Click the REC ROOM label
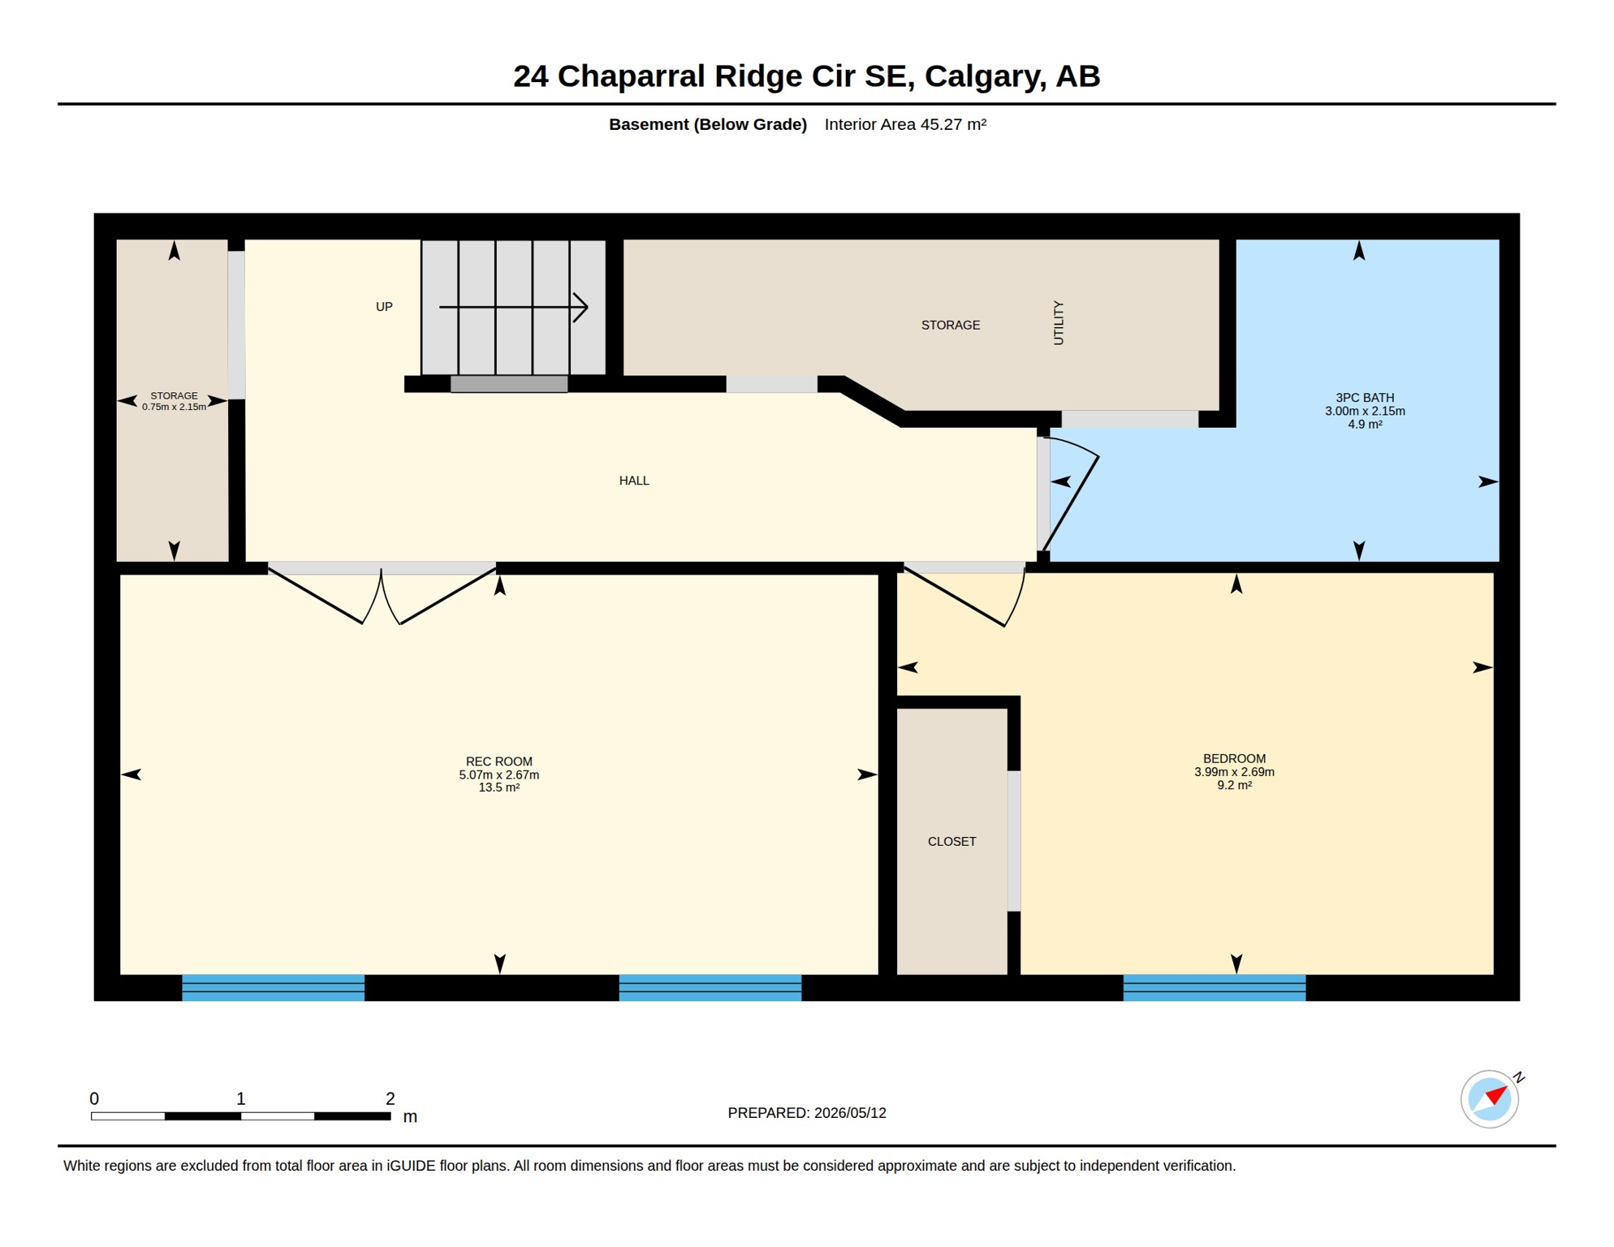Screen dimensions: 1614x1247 point(498,762)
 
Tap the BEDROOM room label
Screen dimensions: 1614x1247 point(1234,758)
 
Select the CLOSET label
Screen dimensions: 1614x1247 point(952,841)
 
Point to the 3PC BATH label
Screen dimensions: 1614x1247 point(1365,398)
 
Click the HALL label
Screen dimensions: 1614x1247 point(634,481)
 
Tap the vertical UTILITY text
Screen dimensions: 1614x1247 point(1058,323)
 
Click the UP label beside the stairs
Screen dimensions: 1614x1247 point(384,307)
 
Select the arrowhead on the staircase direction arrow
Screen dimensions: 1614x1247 point(580,308)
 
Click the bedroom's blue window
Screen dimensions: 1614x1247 point(1214,987)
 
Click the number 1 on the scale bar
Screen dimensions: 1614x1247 point(240,1098)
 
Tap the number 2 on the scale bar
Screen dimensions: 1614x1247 point(391,1098)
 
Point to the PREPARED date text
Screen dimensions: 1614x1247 point(807,1113)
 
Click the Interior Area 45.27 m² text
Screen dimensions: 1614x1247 point(905,124)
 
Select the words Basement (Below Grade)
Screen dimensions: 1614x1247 point(708,124)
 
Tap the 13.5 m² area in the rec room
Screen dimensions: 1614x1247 point(498,787)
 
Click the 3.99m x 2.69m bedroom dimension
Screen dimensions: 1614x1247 point(1234,772)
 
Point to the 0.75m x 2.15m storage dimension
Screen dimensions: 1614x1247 point(174,407)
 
